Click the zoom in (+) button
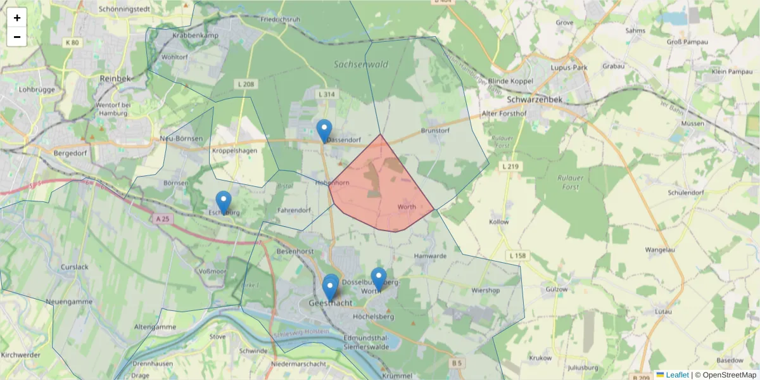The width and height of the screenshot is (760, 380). click(17, 18)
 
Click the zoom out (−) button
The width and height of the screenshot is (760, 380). click(17, 37)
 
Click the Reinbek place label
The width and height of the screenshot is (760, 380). click(115, 78)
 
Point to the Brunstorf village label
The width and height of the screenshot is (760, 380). click(434, 131)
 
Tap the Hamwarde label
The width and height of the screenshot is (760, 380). click(430, 256)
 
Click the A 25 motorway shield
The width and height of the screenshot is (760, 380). click(163, 218)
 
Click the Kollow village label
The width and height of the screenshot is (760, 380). click(499, 222)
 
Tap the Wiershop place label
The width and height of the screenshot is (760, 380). click(486, 291)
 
